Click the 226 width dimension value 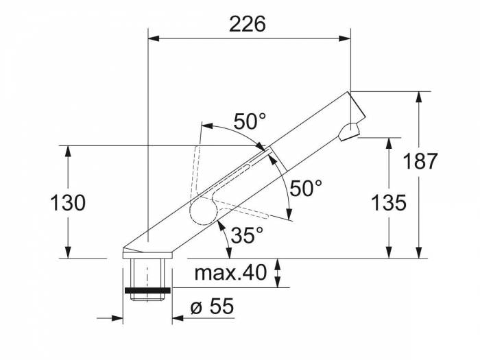point(248,24)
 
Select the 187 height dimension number point(420,161)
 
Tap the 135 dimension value point(389,202)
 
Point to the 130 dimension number point(68,203)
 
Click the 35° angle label point(247,235)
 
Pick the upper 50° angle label point(250,121)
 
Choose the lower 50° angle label point(306,188)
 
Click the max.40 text point(230,273)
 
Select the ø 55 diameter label point(212,306)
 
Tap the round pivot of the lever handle point(204,211)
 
